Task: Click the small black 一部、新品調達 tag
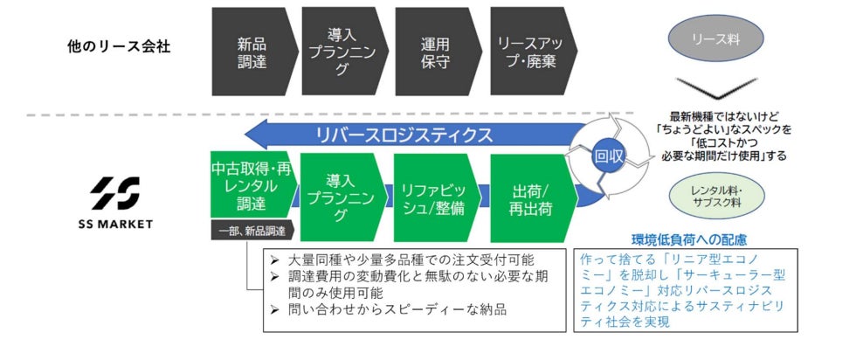click(x=252, y=231)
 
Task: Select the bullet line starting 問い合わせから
click(x=389, y=309)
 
